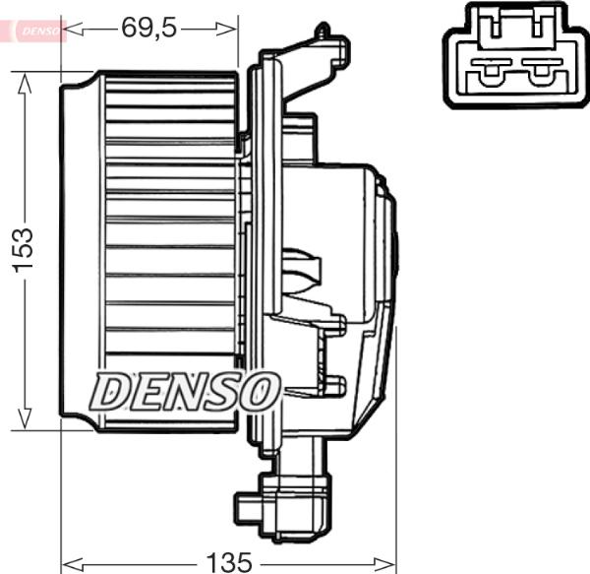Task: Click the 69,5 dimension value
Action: [x=148, y=28]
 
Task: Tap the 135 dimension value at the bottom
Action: [x=228, y=562]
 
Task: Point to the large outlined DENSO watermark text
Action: [x=182, y=391]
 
